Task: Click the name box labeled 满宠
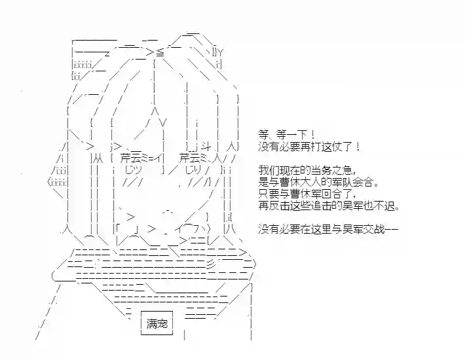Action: click(x=157, y=323)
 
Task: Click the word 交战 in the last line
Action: click(x=375, y=229)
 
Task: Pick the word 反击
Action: click(x=278, y=206)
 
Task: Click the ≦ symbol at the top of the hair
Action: click(x=160, y=53)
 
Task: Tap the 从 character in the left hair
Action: click(x=98, y=160)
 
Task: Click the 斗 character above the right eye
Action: click(x=205, y=146)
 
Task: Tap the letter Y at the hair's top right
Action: click(x=220, y=53)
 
